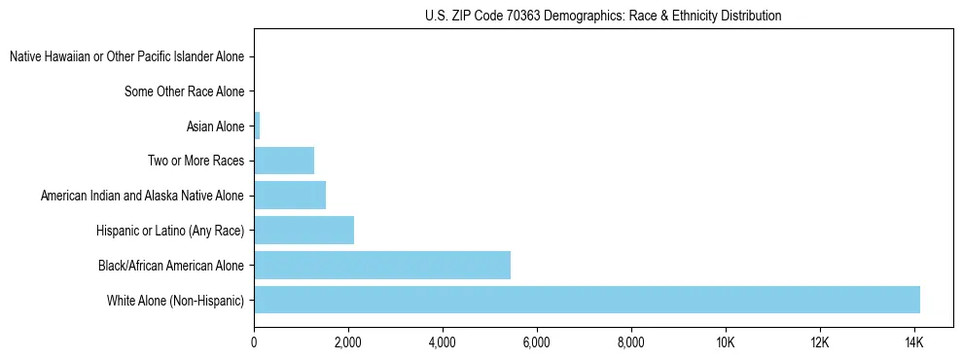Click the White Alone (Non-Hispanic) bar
click(x=587, y=300)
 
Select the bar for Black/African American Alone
click(x=382, y=265)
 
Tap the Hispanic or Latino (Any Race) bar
click(x=303, y=231)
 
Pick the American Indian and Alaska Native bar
click(x=290, y=196)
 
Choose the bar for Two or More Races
click(x=284, y=161)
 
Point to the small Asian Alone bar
click(x=257, y=126)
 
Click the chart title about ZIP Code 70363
click(x=603, y=16)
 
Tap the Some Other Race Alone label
click(x=185, y=91)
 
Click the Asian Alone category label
click(x=215, y=126)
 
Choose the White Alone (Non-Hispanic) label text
click(x=176, y=301)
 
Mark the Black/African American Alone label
click(x=171, y=266)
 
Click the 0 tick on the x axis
click(x=254, y=342)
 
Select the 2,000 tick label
click(x=348, y=342)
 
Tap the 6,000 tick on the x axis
click(x=537, y=342)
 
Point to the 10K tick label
click(x=725, y=342)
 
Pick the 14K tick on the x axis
click(x=913, y=342)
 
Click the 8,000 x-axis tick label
click(x=630, y=342)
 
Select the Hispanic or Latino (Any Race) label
click(x=170, y=231)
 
